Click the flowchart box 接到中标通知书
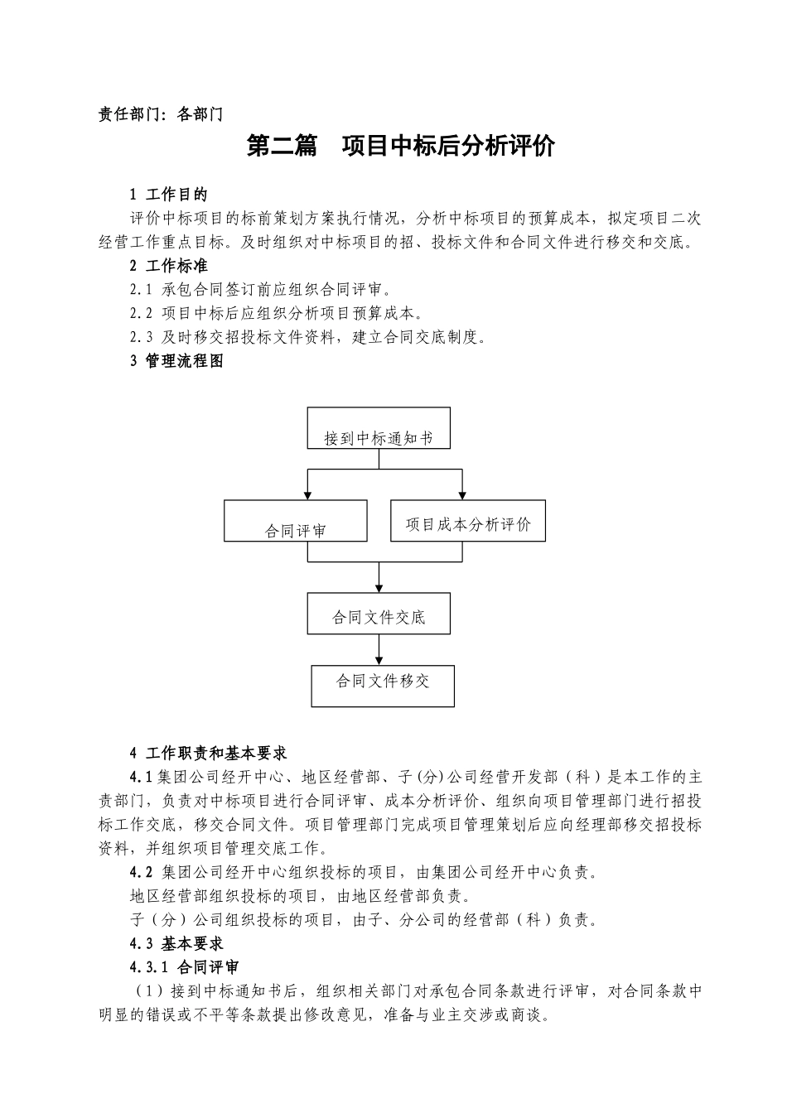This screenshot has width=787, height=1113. coord(379,428)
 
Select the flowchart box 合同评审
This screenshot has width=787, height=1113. coord(295,522)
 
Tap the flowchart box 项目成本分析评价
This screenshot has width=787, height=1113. coord(468,521)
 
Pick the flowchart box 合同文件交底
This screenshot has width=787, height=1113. coord(379,614)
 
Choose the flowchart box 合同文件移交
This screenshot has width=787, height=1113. coord(383,686)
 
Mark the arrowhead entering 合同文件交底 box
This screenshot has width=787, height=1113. coord(379,588)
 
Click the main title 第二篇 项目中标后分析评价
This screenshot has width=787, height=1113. coord(401,147)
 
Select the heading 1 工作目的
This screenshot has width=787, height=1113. coord(168,195)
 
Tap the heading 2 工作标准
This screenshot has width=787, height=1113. coord(168,266)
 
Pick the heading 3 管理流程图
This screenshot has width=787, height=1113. coord(176,361)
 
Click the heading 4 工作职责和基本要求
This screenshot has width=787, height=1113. coord(208,754)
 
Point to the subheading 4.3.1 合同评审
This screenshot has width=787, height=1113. coord(184,967)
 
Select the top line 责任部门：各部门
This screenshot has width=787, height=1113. coord(161,115)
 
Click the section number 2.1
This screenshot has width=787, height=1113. coord(141,290)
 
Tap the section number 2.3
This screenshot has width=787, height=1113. coord(141,337)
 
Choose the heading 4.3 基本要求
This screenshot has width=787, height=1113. coord(176,943)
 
